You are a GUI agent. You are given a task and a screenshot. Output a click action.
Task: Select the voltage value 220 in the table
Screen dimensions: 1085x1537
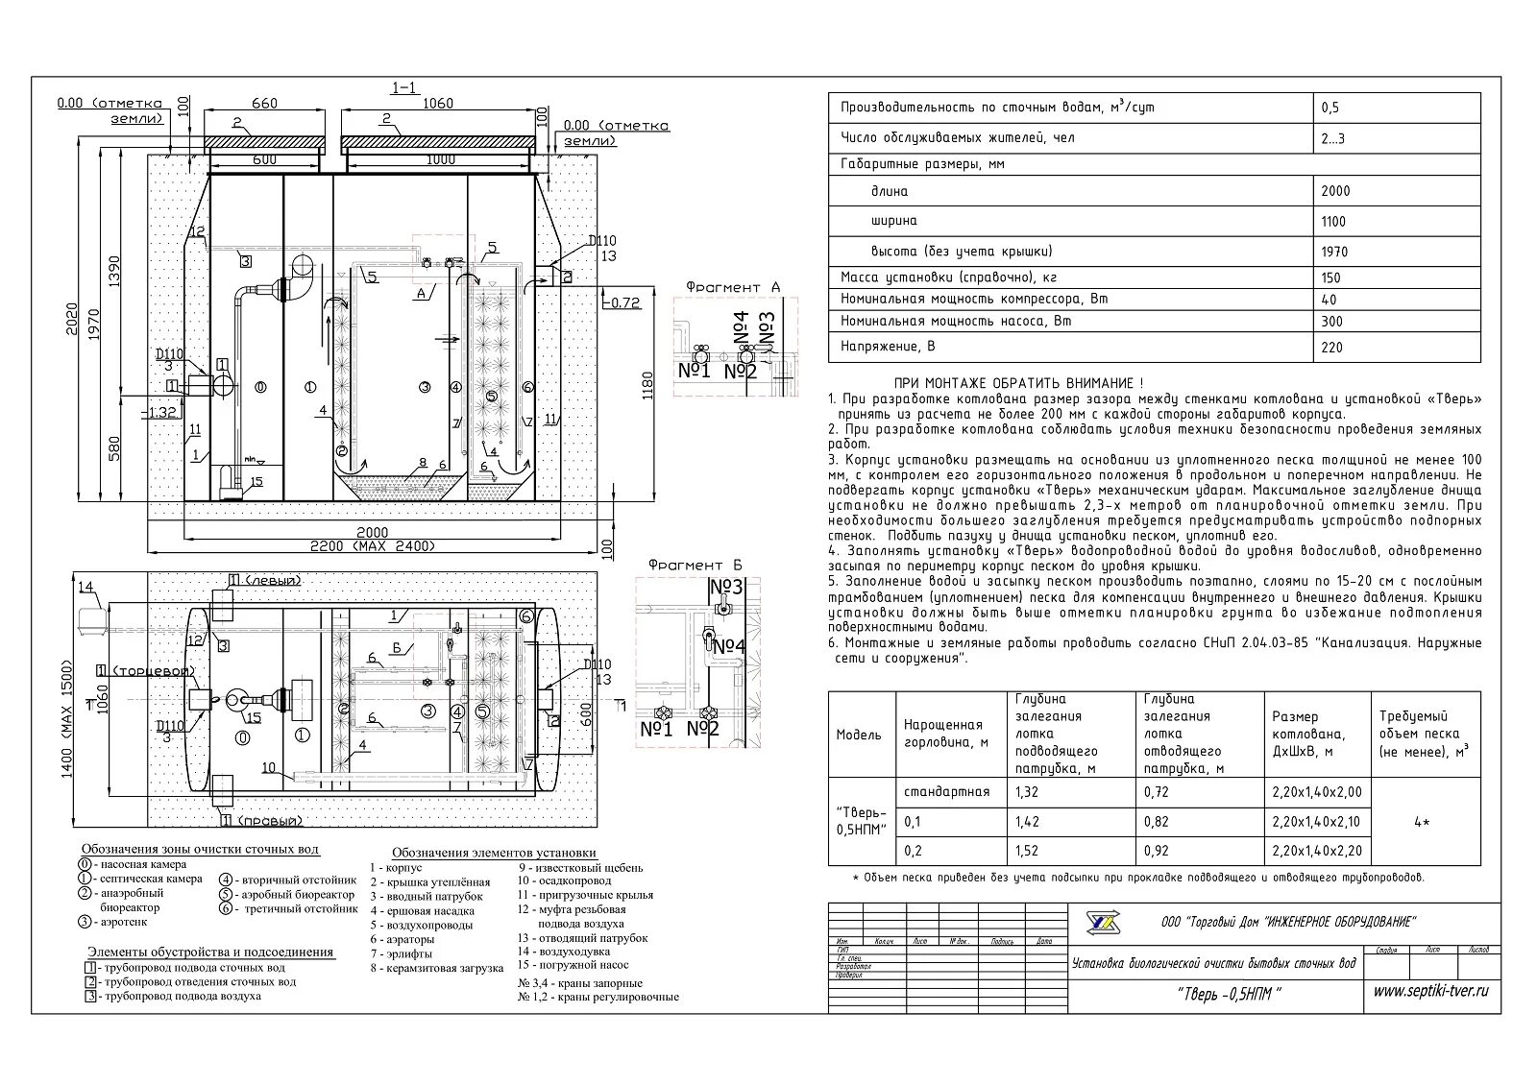1331,348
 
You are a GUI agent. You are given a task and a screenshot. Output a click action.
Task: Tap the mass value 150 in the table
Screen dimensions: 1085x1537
1330,277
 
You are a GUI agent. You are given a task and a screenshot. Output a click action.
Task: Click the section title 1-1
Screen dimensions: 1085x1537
404,88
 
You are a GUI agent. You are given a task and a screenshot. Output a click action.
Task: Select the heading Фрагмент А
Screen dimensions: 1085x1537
734,287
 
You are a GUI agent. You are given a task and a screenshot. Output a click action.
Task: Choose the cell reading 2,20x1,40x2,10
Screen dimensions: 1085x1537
1316,822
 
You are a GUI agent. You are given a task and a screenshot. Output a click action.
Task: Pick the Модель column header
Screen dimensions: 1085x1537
858,735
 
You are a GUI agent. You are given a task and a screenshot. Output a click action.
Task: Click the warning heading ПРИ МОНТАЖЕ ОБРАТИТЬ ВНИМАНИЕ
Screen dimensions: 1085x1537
1018,382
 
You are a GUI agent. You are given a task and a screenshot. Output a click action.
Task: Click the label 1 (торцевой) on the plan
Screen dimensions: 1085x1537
146,670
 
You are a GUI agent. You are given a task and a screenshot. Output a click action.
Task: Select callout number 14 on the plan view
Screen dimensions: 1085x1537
85,587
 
